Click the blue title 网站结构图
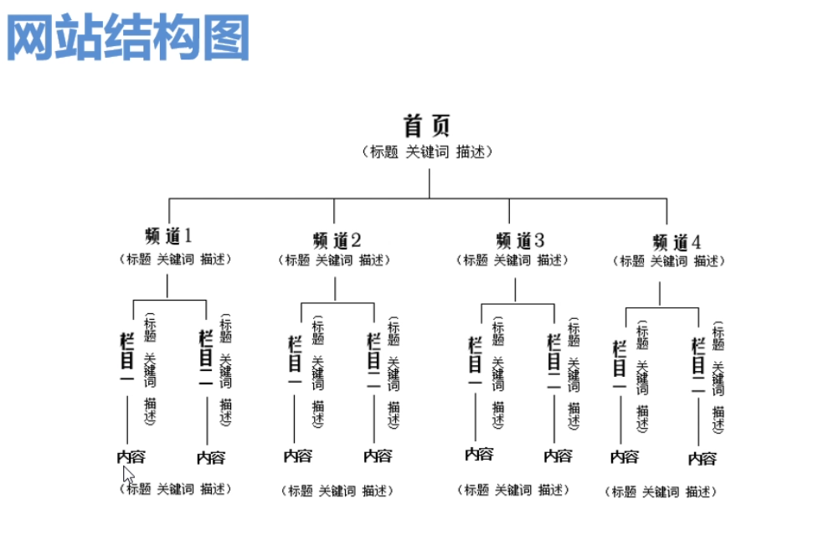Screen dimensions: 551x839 click(128, 36)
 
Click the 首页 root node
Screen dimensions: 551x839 click(427, 126)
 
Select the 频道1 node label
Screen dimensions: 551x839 click(168, 235)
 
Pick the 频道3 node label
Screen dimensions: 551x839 click(519, 240)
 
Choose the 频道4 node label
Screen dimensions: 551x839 click(676, 242)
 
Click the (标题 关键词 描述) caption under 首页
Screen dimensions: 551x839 click(427, 152)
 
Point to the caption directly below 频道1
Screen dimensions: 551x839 click(174, 259)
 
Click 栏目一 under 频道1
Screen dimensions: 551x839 click(127, 358)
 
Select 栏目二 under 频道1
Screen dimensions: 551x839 click(206, 358)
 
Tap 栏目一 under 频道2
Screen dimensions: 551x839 click(295, 363)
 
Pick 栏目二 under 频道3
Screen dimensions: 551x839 click(553, 362)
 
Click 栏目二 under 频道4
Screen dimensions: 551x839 click(698, 366)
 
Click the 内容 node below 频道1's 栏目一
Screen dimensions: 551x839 click(131, 456)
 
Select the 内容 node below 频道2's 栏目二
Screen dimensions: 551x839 click(377, 456)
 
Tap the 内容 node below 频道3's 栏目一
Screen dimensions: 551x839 click(479, 454)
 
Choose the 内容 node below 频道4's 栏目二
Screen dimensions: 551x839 click(702, 458)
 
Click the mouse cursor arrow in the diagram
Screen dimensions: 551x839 click(128, 475)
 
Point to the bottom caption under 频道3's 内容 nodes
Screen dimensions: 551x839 click(512, 489)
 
